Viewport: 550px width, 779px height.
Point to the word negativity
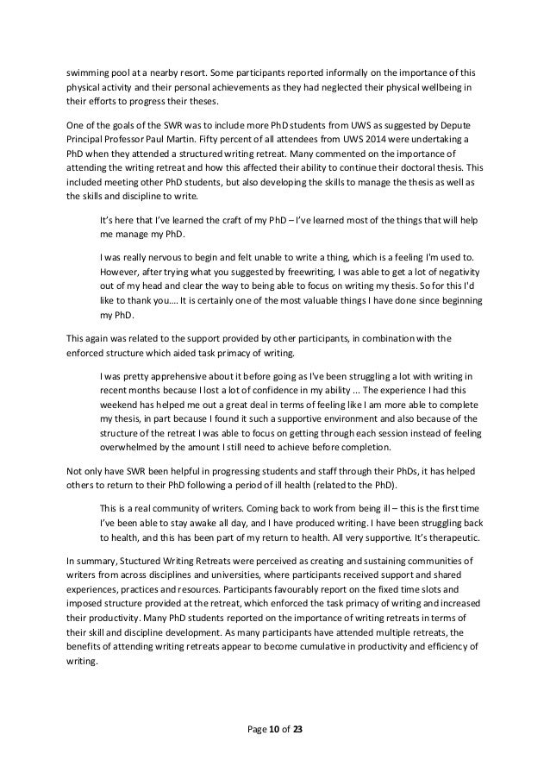pyautogui.click(x=452, y=273)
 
